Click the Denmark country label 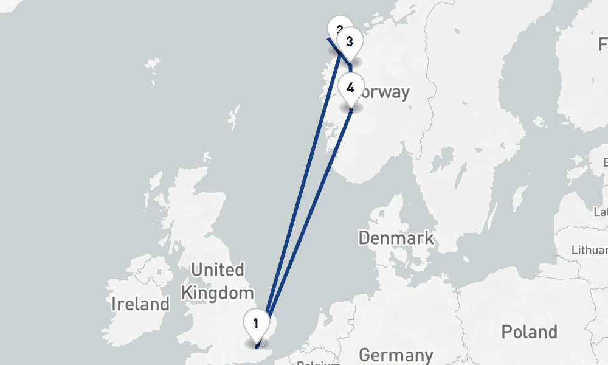(396, 237)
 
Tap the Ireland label (140, 304)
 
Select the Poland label (529, 332)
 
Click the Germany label (396, 355)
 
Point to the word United (217, 269)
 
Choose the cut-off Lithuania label (590, 250)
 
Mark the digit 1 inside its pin (256, 322)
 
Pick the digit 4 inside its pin (351, 87)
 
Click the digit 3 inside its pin (349, 42)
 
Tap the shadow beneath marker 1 (256, 344)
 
